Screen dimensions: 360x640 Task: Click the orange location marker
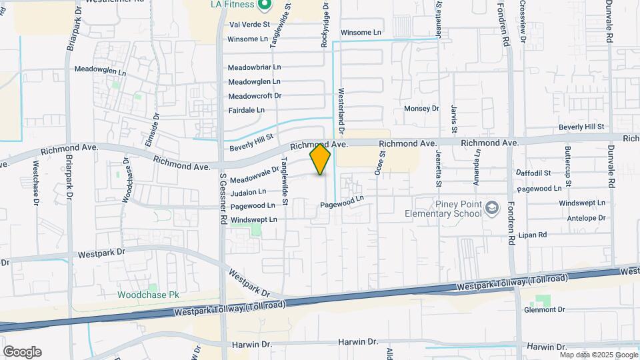point(320,159)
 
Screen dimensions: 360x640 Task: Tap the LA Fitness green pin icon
point(264,5)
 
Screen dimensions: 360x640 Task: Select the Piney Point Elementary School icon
point(492,209)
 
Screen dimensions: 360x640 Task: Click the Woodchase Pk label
point(149,295)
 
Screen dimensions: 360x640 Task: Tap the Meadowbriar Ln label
point(254,67)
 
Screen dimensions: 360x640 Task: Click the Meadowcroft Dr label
point(255,96)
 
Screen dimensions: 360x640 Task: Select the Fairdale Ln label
point(247,110)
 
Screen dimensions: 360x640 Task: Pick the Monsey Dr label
point(422,109)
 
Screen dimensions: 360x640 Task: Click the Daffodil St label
point(533,173)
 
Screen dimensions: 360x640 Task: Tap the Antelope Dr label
point(582,218)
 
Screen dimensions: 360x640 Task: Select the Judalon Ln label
point(247,193)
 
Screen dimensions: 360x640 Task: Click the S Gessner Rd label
point(224,199)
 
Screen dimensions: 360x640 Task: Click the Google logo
point(21,352)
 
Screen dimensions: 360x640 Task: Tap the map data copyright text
point(598,355)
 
